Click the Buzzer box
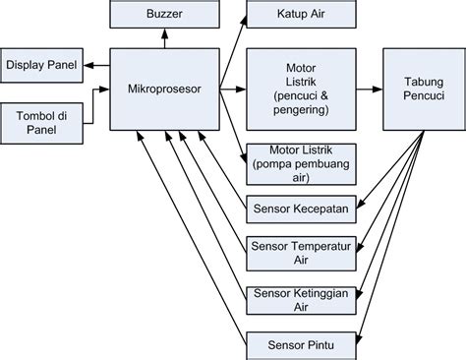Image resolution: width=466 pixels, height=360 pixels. click(163, 15)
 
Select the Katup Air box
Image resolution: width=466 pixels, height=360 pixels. click(296, 15)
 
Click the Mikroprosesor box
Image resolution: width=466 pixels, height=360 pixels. click(163, 89)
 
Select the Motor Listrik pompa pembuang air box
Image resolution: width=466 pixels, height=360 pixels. click(296, 163)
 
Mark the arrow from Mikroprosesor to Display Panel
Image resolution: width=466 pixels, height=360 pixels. click(95, 65)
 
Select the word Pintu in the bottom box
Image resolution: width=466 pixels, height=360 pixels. click(319, 344)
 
